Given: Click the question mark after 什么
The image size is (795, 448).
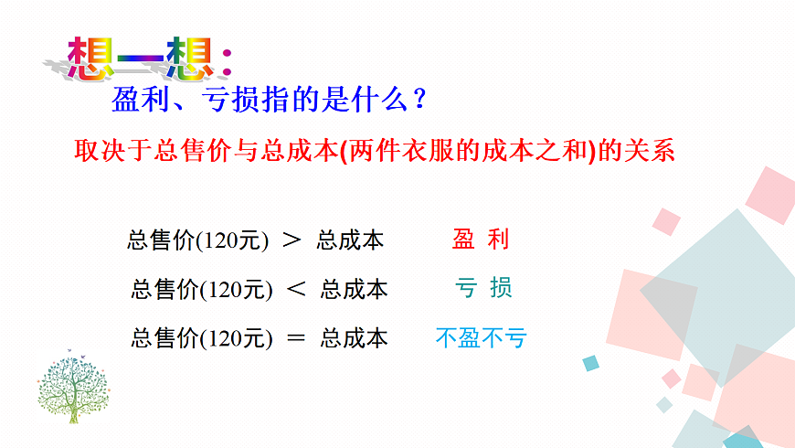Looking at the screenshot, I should (419, 98).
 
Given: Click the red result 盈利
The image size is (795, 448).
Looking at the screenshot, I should (481, 240).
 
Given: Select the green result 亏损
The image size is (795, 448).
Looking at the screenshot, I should (483, 288).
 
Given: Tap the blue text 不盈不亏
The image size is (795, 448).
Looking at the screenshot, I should (482, 338).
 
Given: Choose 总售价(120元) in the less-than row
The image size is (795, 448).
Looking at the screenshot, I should (202, 290).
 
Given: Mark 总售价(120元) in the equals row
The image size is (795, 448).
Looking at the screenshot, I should (202, 338).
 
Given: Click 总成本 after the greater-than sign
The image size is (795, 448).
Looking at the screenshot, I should (350, 240).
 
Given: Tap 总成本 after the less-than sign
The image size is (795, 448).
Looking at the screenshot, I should (355, 290).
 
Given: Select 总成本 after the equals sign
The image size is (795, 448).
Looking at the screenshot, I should (355, 338).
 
